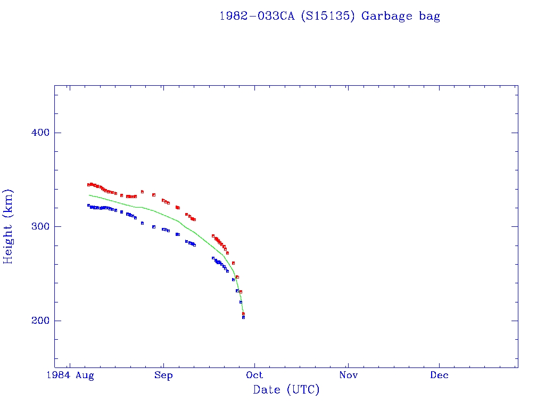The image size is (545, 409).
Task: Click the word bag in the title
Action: [430, 17]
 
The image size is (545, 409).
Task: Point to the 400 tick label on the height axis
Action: [37, 133]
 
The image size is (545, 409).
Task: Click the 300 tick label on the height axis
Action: [37, 226]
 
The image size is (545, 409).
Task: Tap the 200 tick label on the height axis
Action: [37, 321]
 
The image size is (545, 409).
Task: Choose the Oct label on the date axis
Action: [255, 375]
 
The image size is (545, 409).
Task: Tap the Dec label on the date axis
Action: [440, 375]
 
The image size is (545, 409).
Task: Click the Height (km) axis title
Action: [9, 226]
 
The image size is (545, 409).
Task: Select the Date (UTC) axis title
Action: [286, 390]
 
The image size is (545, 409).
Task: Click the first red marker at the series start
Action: [88, 185]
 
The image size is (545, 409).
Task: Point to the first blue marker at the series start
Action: [88, 205]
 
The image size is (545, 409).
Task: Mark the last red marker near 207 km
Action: [243, 314]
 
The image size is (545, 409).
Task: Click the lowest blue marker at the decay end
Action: [243, 317]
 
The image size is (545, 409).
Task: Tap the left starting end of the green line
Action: [89, 195]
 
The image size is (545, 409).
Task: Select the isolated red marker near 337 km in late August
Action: [142, 192]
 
